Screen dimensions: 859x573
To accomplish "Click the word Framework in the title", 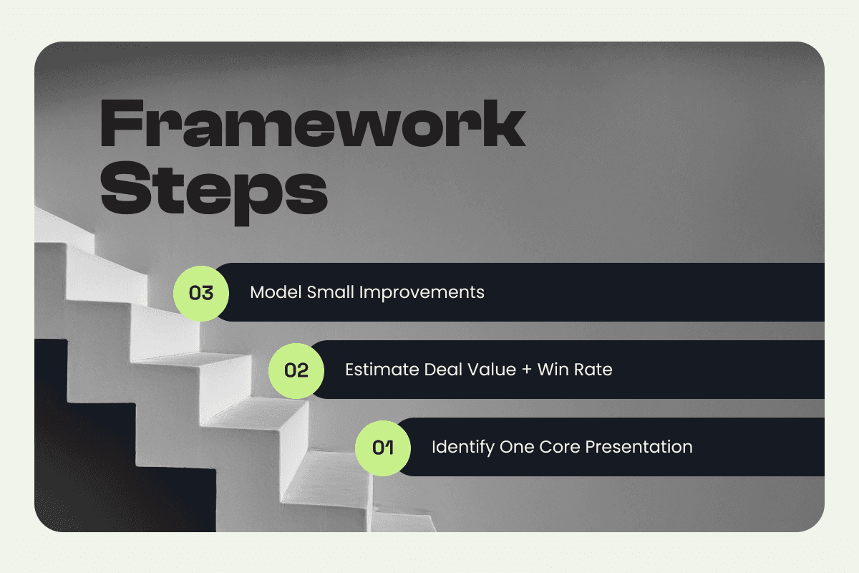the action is pyautogui.click(x=314, y=125).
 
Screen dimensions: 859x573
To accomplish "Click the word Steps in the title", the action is pyautogui.click(x=214, y=186).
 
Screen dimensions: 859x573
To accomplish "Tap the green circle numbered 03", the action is pyautogui.click(x=201, y=292).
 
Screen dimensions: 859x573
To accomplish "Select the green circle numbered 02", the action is pyautogui.click(x=296, y=370).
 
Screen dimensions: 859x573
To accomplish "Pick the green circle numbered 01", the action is pyautogui.click(x=383, y=448).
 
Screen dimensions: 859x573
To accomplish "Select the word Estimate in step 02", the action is pyautogui.click(x=377, y=370).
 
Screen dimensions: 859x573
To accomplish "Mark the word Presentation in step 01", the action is pyautogui.click(x=639, y=448).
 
